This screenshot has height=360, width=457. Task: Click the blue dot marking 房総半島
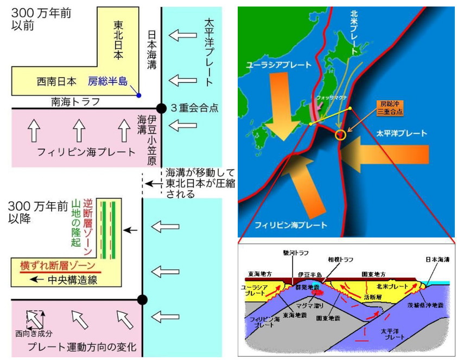[139, 95]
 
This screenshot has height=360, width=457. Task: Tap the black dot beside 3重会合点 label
[161, 108]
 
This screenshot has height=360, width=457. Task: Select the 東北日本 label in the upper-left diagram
[118, 40]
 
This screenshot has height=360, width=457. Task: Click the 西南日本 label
[56, 82]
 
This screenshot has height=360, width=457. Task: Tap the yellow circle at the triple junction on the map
[341, 134]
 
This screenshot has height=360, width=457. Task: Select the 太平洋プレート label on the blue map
[401, 133]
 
